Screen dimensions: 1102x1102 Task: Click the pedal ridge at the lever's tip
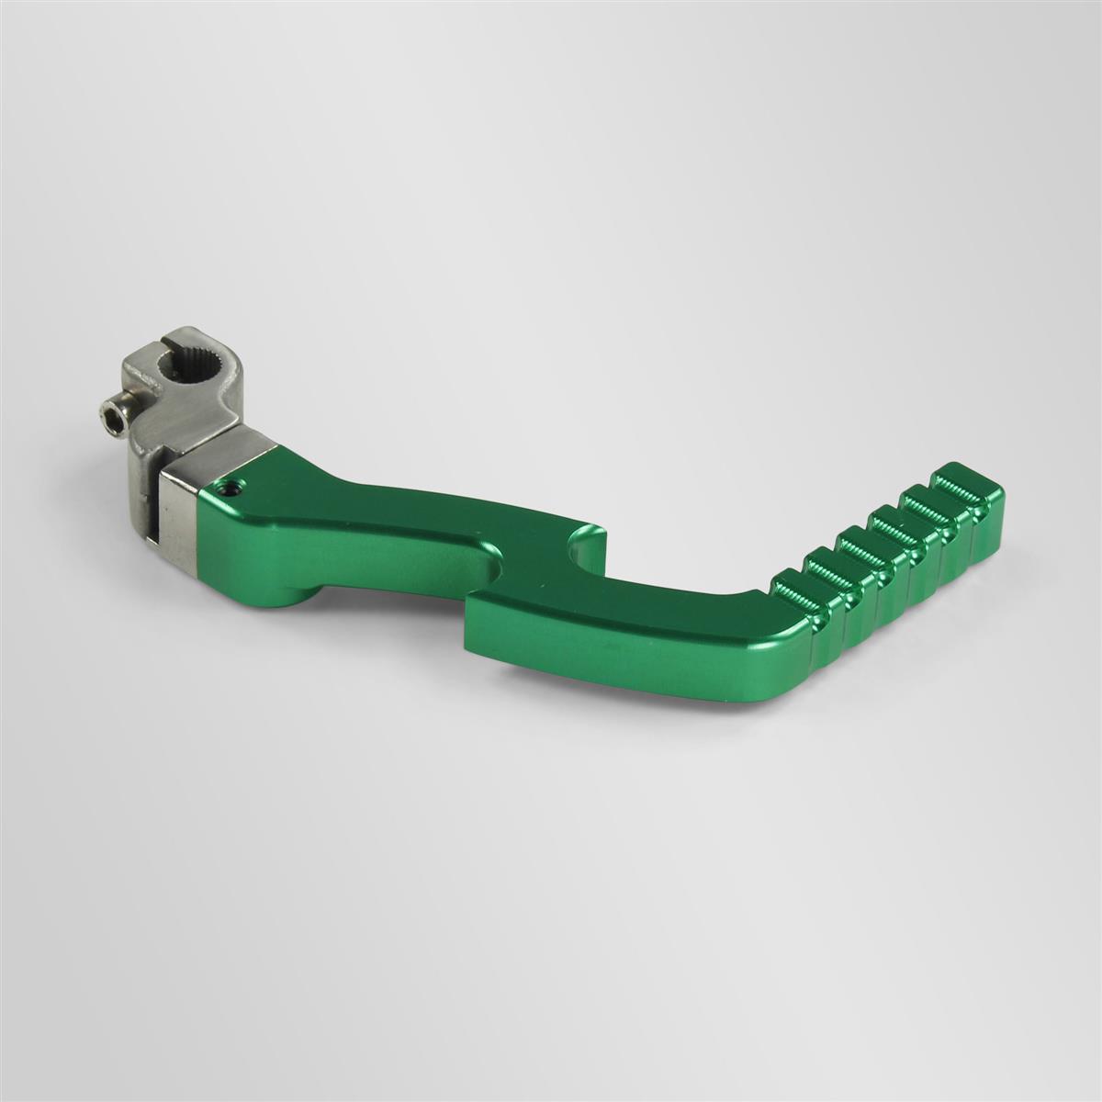[x=964, y=484]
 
